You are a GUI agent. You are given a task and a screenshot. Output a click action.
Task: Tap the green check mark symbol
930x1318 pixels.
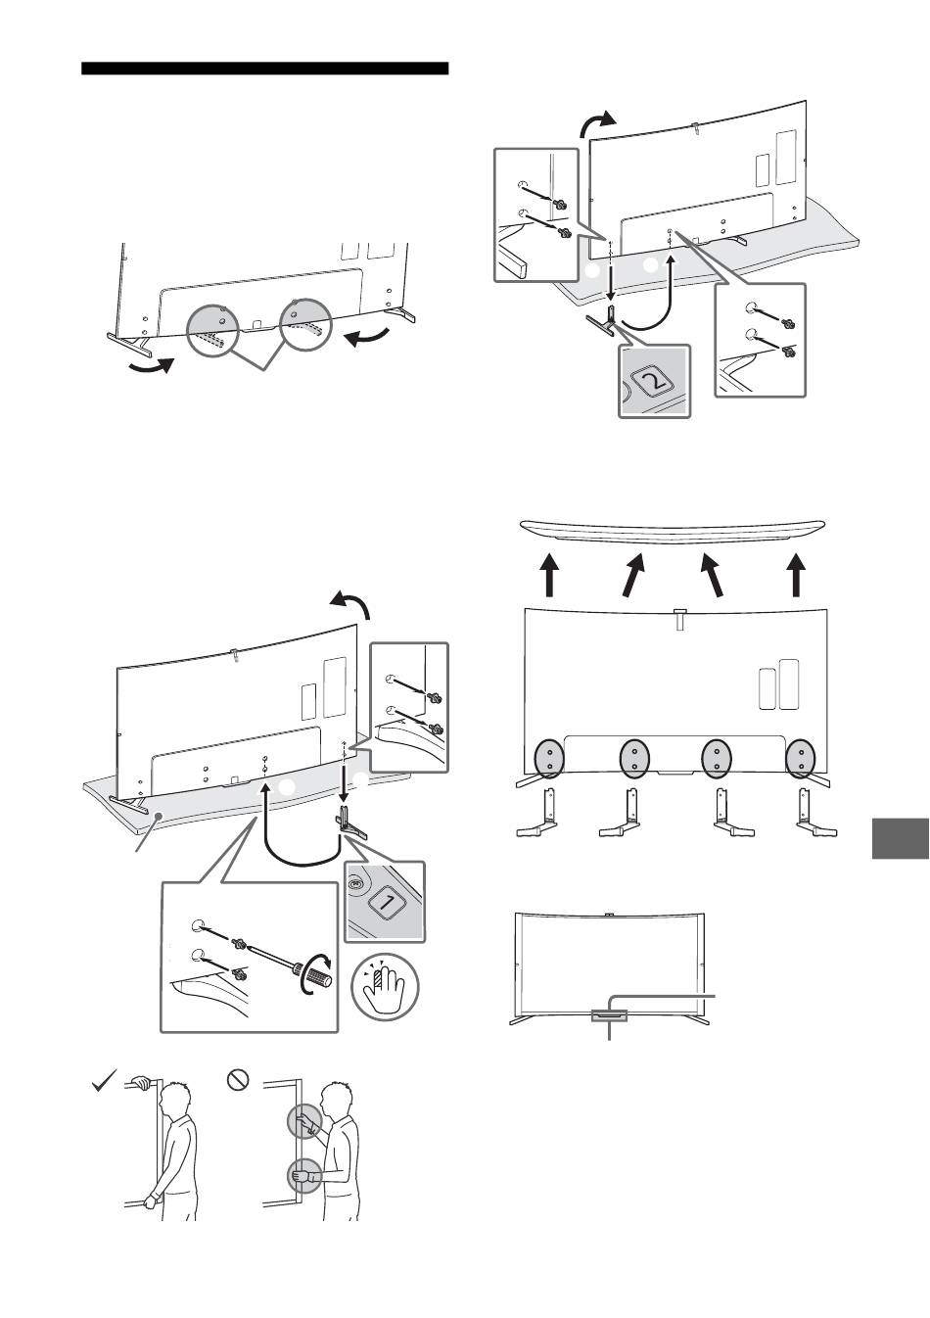point(105,1080)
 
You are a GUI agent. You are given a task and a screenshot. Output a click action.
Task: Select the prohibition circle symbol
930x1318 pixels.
point(238,1078)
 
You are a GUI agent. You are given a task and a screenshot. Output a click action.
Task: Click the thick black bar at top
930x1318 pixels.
point(264,69)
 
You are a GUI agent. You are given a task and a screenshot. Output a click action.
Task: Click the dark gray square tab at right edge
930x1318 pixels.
point(900,838)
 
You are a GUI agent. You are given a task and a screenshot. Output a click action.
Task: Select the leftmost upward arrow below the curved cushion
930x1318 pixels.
point(549,575)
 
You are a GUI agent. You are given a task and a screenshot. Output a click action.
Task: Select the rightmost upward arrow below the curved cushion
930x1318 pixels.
point(796,575)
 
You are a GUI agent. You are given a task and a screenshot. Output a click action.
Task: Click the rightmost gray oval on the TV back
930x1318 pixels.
point(801,759)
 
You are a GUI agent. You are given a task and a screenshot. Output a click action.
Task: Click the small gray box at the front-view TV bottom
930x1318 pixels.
point(610,1014)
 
